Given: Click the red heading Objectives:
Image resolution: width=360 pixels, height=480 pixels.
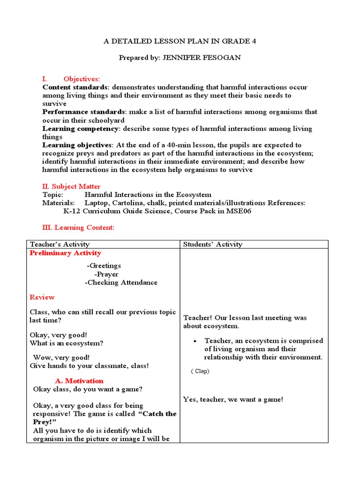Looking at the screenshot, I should click(x=82, y=79).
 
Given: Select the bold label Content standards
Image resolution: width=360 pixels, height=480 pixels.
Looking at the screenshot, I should click(x=75, y=87).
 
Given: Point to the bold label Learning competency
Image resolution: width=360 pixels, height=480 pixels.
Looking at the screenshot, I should click(x=80, y=128).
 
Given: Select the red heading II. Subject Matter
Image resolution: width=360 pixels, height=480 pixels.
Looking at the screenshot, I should click(x=71, y=187).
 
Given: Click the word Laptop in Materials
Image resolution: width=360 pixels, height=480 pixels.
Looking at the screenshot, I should click(x=97, y=203).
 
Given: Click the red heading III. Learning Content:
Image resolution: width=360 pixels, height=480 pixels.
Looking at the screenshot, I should click(x=78, y=228).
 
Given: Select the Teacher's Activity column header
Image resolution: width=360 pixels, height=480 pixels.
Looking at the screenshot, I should click(x=60, y=244).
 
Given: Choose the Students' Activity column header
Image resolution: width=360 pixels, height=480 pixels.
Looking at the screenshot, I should click(x=213, y=244).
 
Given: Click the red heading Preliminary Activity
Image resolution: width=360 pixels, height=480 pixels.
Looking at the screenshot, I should click(x=65, y=253).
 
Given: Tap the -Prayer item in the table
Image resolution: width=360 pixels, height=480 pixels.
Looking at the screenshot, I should click(x=106, y=274).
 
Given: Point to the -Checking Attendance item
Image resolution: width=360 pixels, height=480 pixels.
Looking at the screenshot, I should click(x=121, y=283).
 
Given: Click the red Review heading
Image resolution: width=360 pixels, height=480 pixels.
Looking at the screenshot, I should click(x=42, y=297).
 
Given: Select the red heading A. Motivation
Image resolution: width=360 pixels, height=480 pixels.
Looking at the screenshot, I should click(x=79, y=381).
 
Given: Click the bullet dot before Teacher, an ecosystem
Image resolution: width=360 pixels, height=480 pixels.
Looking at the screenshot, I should click(x=195, y=341).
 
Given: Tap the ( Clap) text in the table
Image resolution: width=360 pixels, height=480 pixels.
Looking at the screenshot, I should click(x=200, y=371).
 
